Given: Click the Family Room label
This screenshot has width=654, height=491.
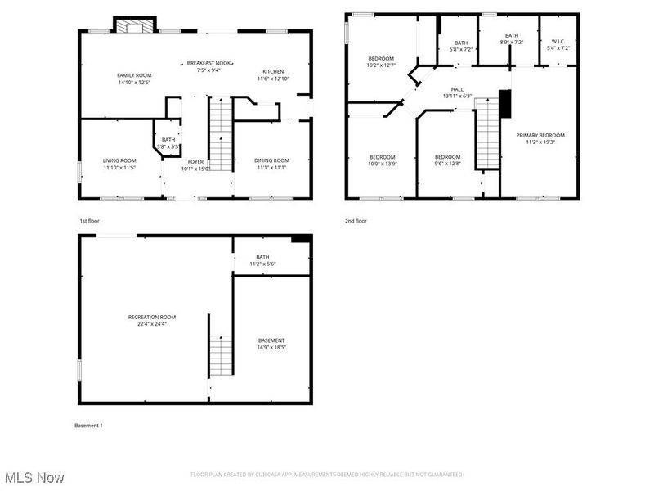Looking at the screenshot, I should click(x=134, y=75).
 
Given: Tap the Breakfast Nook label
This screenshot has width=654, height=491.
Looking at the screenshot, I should click(x=204, y=63).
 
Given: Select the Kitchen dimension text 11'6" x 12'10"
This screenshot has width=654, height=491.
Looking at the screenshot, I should click(x=273, y=79).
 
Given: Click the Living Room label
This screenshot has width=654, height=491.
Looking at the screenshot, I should click(x=119, y=160).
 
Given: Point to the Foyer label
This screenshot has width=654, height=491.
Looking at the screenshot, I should click(x=195, y=162).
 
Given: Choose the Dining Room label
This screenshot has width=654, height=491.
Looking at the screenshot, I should click(x=271, y=160).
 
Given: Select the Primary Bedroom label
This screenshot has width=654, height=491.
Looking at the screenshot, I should click(x=540, y=136).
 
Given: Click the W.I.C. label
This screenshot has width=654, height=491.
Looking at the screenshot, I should click(x=558, y=42).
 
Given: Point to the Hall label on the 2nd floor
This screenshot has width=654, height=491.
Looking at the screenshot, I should click(x=458, y=90).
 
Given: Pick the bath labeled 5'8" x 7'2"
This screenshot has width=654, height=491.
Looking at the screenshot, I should click(x=461, y=46).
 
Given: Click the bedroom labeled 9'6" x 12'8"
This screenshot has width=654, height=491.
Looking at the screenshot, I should click(x=447, y=157).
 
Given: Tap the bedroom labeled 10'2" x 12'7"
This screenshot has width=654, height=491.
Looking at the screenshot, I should click(x=381, y=59).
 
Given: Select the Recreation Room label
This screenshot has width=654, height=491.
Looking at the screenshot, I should click(x=152, y=317).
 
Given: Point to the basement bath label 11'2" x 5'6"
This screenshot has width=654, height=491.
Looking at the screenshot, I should click(x=262, y=260).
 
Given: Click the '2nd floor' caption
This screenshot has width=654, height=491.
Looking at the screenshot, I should click(x=356, y=221).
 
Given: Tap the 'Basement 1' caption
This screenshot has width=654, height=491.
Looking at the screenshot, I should click(x=88, y=426).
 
